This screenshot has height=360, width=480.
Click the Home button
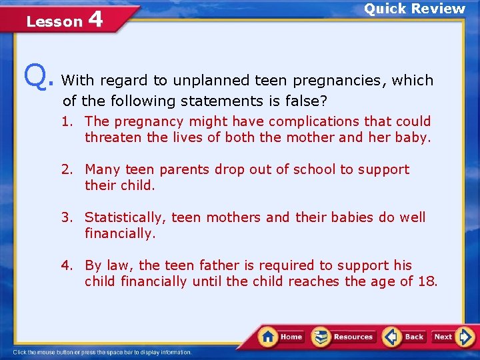pyautogui.click(x=282, y=337)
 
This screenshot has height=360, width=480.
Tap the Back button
pyautogui.click(x=405, y=337)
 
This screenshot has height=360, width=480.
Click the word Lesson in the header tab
pyautogui.click(x=54, y=22)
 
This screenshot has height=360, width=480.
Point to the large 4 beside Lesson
pyautogui.click(x=95, y=19)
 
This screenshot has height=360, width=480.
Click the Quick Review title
pyautogui.click(x=414, y=9)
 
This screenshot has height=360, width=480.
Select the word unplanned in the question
pyautogui.click(x=211, y=81)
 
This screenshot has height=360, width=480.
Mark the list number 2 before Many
pyautogui.click(x=67, y=169)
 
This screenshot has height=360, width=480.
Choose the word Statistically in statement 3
pyautogui.click(x=126, y=217)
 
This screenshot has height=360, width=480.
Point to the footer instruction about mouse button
pyautogui.click(x=103, y=352)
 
